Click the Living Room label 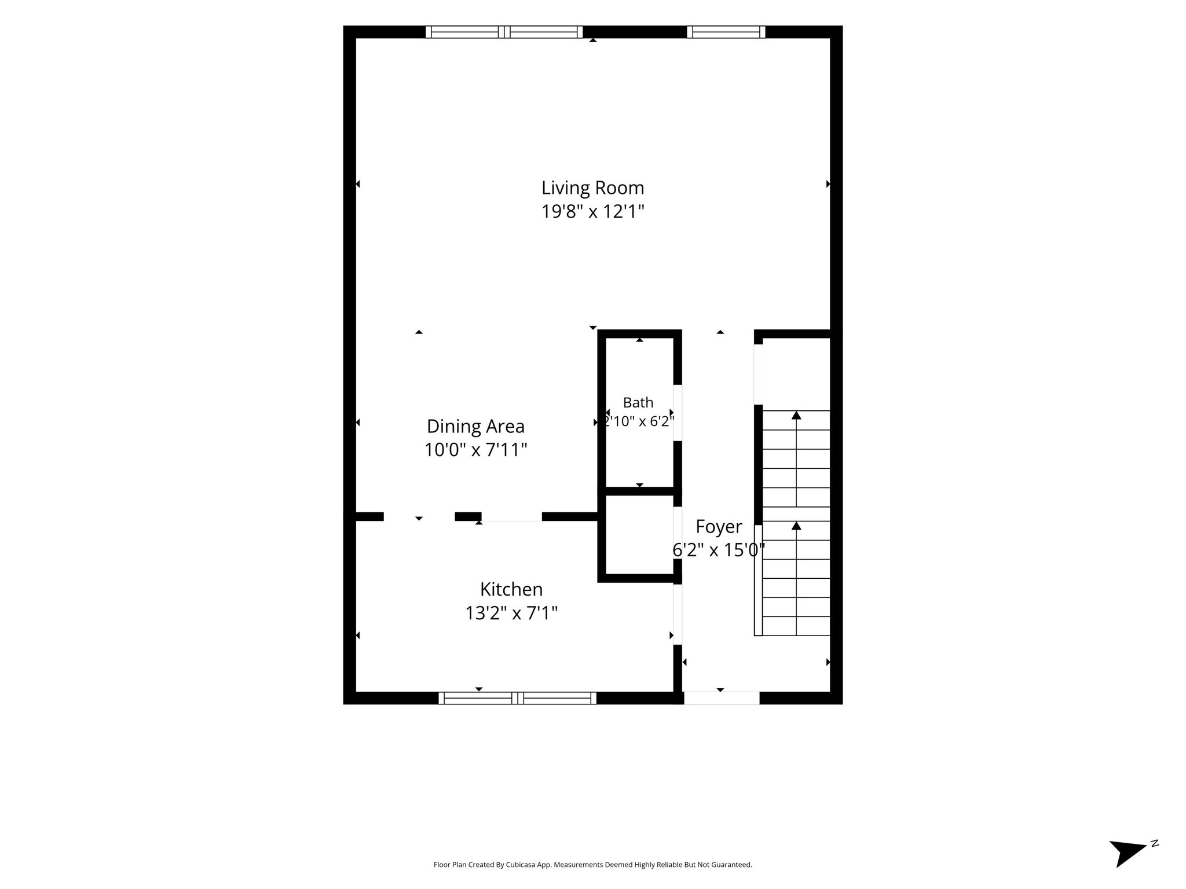pos(592,188)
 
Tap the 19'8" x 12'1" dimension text pos(592,212)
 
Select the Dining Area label pos(475,427)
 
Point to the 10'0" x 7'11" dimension pos(475,450)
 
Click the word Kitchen pos(511,589)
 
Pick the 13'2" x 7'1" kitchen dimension pos(511,613)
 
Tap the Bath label pos(638,402)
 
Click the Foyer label pos(719,527)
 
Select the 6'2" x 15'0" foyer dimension pos(719,550)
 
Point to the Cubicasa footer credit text pos(592,865)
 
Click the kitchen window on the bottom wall pos(517,698)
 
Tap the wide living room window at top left pos(504,32)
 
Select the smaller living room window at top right pos(726,32)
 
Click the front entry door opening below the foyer pos(722,698)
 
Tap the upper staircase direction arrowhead pos(796,415)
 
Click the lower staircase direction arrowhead pos(796,526)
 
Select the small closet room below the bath pos(639,535)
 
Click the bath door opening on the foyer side pos(678,413)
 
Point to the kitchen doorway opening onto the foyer pos(678,615)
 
